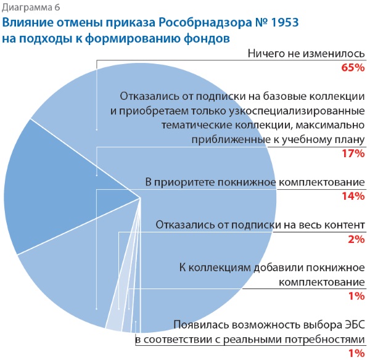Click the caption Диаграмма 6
point(28,8)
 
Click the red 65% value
point(353,68)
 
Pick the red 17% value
point(353,153)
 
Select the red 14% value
point(353,197)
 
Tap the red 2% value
point(356,239)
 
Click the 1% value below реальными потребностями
point(356,353)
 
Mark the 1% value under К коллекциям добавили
point(356,296)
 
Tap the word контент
point(344,224)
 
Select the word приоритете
point(186,182)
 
